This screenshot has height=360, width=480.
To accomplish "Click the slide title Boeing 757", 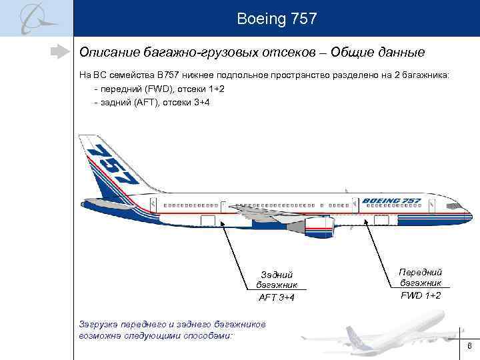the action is click(276, 18).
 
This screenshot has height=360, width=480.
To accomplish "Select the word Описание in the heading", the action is click(107, 52).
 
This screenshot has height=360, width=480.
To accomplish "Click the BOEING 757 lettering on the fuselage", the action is click(391, 201).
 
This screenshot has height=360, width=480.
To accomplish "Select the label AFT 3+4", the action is click(277, 297).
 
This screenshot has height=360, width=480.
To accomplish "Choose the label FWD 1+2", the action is click(421, 295).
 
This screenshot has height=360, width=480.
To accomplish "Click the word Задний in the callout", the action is click(277, 275).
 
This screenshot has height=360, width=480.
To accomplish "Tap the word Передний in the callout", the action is click(421, 272).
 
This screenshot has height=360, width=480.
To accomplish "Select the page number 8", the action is click(469, 346).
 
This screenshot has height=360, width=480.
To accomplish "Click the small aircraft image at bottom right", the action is click(400, 337).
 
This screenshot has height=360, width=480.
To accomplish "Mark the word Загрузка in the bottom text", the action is click(100, 324).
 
